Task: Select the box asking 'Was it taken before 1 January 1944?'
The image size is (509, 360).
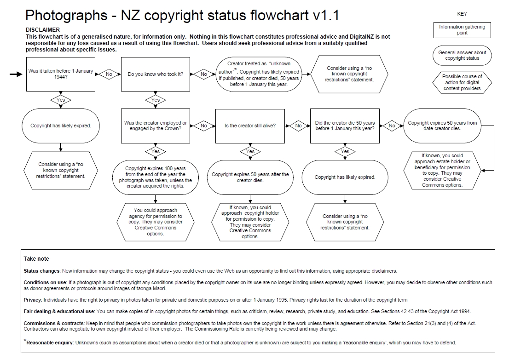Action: click(x=61, y=74)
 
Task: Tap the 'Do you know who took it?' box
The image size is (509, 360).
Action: click(x=156, y=74)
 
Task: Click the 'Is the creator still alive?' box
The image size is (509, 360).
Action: click(x=250, y=126)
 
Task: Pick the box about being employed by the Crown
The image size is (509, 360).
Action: click(x=156, y=126)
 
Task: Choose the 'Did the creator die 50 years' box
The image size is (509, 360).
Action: click(x=345, y=126)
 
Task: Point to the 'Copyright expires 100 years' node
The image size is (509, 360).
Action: click(x=156, y=177)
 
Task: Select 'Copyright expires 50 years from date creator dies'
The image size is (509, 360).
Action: click(x=442, y=126)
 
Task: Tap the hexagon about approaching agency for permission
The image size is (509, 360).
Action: click(x=156, y=222)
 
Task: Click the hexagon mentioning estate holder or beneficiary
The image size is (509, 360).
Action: click(x=442, y=170)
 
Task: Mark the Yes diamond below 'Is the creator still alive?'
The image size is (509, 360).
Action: click(x=250, y=151)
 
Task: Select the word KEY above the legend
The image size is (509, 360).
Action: click(x=462, y=14)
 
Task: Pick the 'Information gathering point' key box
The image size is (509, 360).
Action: click(x=462, y=30)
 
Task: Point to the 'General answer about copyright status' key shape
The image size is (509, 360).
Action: click(x=462, y=55)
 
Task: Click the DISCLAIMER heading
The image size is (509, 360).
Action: click(x=43, y=29)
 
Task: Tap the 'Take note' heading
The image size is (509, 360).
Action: click(x=36, y=259)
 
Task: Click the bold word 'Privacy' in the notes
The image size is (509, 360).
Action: click(x=33, y=300)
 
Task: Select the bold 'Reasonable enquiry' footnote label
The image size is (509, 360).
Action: click(x=50, y=343)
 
